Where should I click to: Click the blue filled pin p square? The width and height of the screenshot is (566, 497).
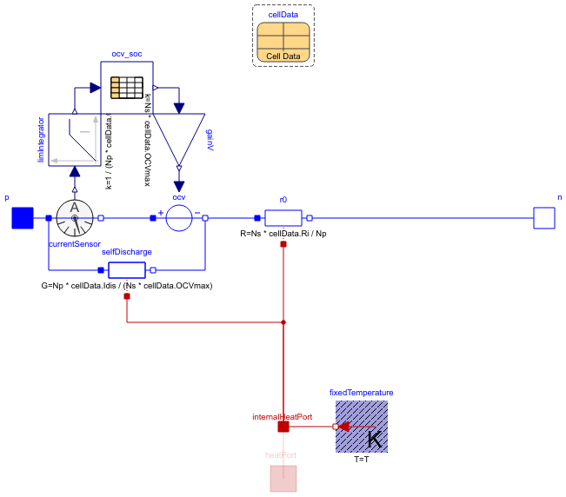point(22,218)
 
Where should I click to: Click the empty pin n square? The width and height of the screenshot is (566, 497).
point(544,218)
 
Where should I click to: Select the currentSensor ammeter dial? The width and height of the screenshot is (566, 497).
point(75,218)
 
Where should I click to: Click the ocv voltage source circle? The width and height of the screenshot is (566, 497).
point(179,218)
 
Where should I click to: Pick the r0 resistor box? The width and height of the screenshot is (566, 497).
point(283,218)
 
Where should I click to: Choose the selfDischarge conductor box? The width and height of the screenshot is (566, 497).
point(127,270)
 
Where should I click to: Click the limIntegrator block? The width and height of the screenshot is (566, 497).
point(75,139)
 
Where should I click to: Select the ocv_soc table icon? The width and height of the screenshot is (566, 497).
point(127,87)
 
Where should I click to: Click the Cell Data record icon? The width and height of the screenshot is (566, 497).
point(283,42)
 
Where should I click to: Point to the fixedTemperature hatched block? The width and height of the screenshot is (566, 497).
point(362,427)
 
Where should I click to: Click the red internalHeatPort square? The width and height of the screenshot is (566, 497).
point(283,427)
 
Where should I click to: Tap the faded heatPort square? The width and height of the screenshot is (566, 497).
point(283,479)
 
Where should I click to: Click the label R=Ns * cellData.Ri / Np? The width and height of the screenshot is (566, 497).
point(283,234)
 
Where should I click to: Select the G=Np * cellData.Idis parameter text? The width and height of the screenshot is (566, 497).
point(127,286)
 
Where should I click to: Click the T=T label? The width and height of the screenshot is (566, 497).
point(362,459)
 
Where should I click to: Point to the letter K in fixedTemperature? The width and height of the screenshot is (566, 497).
point(375,440)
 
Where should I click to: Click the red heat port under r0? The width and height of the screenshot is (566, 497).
point(283,244)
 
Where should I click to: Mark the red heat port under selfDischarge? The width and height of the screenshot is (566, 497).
point(127,296)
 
